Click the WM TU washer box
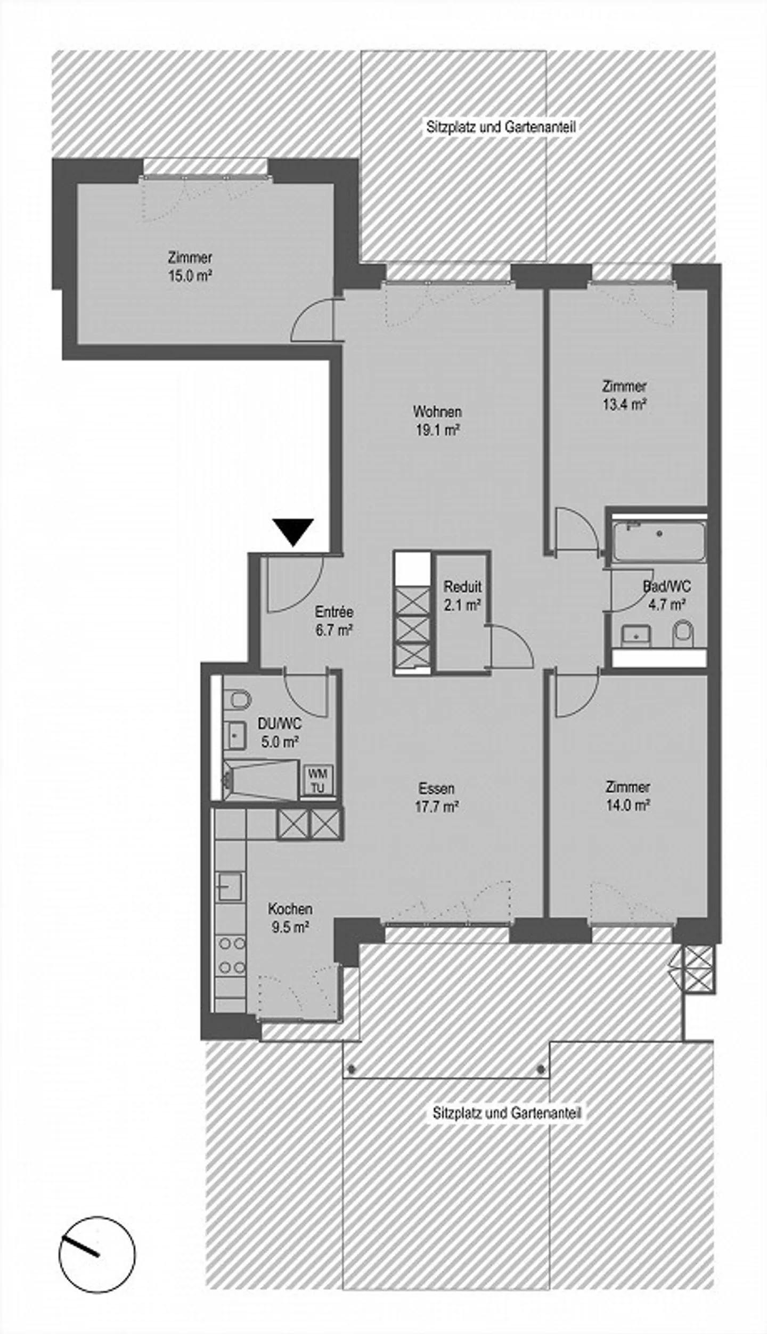[x=317, y=780]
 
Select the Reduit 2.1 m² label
[x=462, y=595]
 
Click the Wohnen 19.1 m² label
[x=437, y=420]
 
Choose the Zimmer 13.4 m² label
[x=624, y=395]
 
